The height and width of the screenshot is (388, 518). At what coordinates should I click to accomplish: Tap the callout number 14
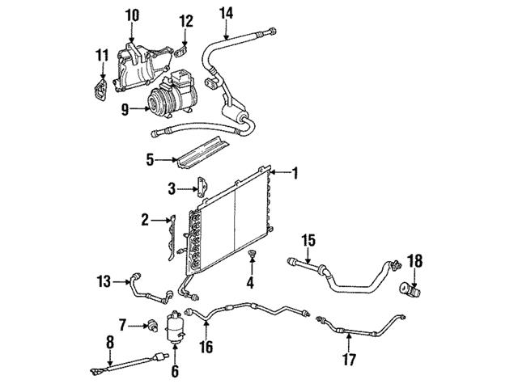pyautogui.click(x=226, y=11)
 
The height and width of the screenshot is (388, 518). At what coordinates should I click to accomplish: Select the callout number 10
pyautogui.click(x=132, y=14)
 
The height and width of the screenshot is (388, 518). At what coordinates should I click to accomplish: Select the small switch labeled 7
pyautogui.click(x=150, y=326)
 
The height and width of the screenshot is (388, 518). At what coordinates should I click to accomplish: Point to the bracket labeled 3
pyautogui.click(x=199, y=191)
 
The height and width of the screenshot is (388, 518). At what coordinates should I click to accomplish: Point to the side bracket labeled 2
pyautogui.click(x=172, y=238)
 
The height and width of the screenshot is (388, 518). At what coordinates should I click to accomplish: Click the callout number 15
pyautogui.click(x=308, y=238)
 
